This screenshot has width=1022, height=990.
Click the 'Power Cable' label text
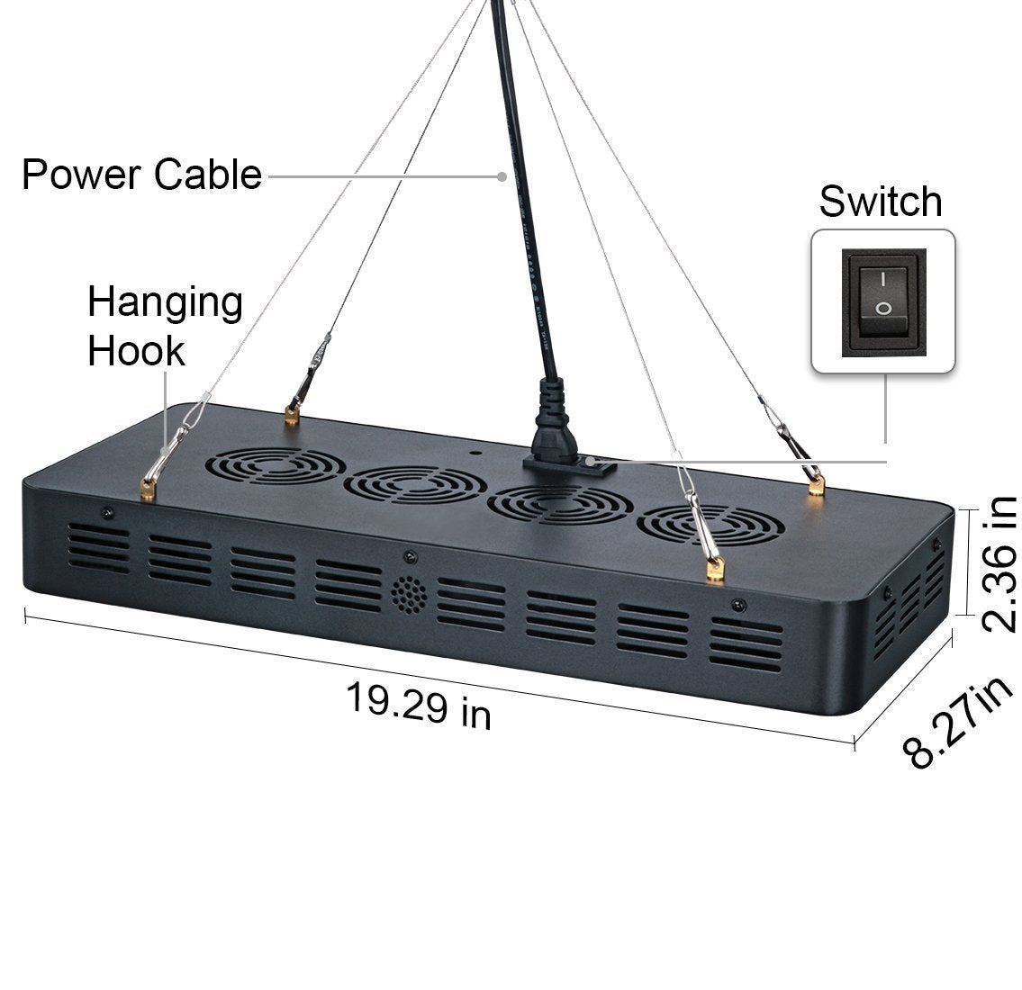pyautogui.click(x=141, y=174)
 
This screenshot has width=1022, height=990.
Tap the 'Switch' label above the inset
pyautogui.click(x=880, y=202)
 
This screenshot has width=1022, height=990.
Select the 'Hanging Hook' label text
pyautogui.click(x=165, y=326)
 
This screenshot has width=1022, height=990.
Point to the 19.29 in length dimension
pyautogui.click(x=419, y=705)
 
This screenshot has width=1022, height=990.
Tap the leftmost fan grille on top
pyautogui.click(x=275, y=465)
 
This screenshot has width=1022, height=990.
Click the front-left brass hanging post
pyautogui.click(x=147, y=490)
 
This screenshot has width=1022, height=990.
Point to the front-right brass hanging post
pyautogui.click(x=717, y=569)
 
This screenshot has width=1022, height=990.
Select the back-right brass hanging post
pyautogui.click(x=817, y=486)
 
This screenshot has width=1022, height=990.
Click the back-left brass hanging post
pyautogui.click(x=291, y=416)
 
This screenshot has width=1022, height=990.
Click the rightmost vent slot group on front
pyautogui.click(x=746, y=643)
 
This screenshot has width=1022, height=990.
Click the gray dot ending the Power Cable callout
pyautogui.click(x=502, y=176)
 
